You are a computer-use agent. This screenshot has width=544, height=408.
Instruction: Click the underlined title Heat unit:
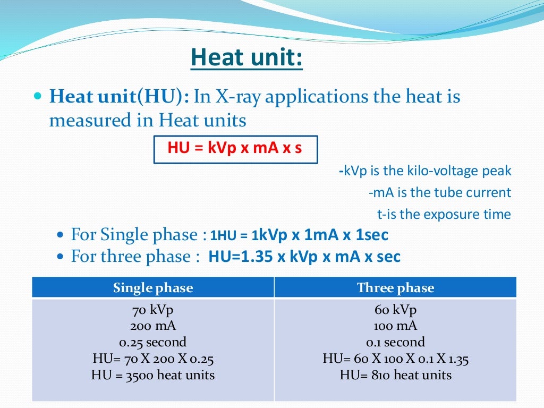coord(246,58)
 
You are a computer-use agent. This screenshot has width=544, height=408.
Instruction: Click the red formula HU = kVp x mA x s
coord(235,148)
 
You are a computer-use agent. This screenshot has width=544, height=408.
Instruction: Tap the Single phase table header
coord(153,288)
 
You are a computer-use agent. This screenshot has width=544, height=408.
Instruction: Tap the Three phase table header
coord(395,288)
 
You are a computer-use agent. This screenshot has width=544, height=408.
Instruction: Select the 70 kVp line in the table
coord(153,309)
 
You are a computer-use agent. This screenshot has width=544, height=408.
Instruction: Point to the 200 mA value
coord(153,326)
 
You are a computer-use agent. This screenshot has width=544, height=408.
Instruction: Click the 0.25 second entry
coord(153,342)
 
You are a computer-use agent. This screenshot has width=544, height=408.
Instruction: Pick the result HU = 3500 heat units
coord(153,375)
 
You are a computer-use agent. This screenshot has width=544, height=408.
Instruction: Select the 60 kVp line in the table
coord(395,309)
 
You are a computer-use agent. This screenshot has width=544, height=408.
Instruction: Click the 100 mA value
coord(395,326)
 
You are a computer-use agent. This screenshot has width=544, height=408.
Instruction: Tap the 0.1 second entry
coord(395,342)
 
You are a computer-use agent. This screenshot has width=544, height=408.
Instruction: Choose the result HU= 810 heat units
coord(395,375)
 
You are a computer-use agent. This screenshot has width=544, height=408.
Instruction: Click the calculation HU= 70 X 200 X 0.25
coord(153,359)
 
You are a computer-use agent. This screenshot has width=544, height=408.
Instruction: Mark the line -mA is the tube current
coord(439,192)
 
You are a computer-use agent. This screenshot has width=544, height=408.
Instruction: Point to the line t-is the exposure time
coord(444,214)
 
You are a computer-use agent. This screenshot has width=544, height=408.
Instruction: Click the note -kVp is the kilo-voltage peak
coord(424,171)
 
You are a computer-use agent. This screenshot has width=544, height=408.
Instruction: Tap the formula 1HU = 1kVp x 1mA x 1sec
coord(299,235)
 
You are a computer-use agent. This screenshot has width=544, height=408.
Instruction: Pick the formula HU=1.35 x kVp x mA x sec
coord(304,257)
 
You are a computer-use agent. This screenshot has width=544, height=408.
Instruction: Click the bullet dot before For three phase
coord(60,257)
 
